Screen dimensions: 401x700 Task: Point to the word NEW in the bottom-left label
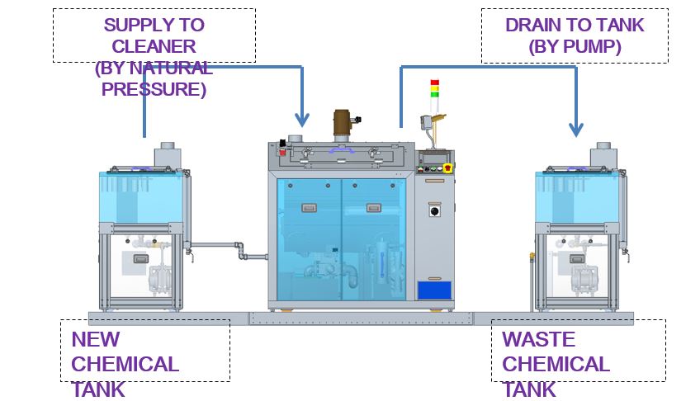(x=96, y=339)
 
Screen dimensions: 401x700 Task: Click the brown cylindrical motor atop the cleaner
(x=343, y=125)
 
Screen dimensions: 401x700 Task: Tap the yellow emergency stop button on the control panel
(x=447, y=167)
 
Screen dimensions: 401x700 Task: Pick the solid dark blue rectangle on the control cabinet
(x=434, y=290)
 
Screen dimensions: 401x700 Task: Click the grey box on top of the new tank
(x=168, y=154)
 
